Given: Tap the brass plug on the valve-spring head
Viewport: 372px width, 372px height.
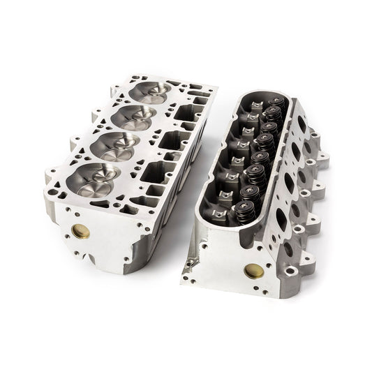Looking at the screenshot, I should click(x=250, y=271).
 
